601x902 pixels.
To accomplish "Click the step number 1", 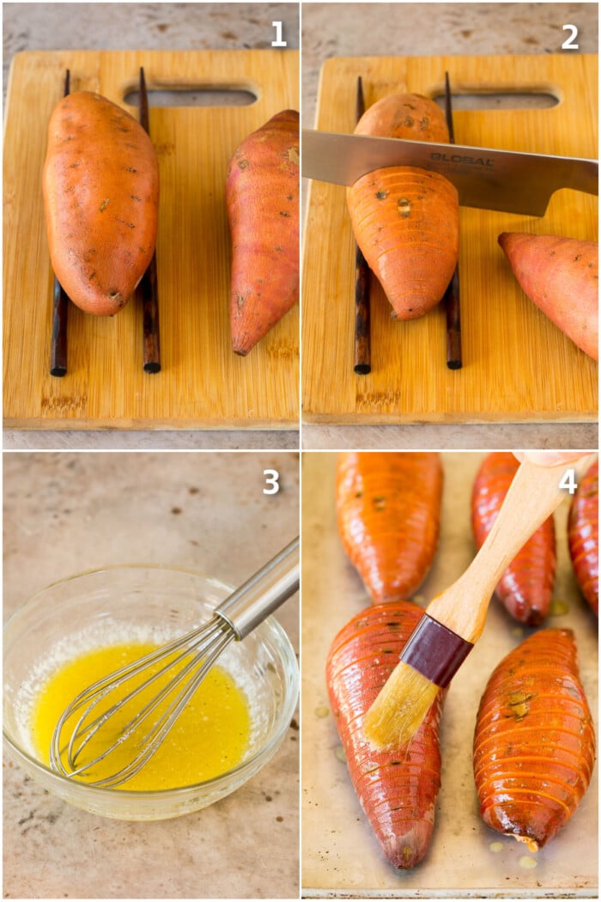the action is click(278, 34).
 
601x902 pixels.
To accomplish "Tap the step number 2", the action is click(569, 37).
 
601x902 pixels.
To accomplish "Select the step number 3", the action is click(271, 482).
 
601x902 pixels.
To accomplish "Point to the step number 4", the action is click(568, 481).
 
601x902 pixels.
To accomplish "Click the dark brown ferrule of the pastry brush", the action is click(436, 649).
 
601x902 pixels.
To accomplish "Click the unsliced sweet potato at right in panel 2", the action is click(552, 283).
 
